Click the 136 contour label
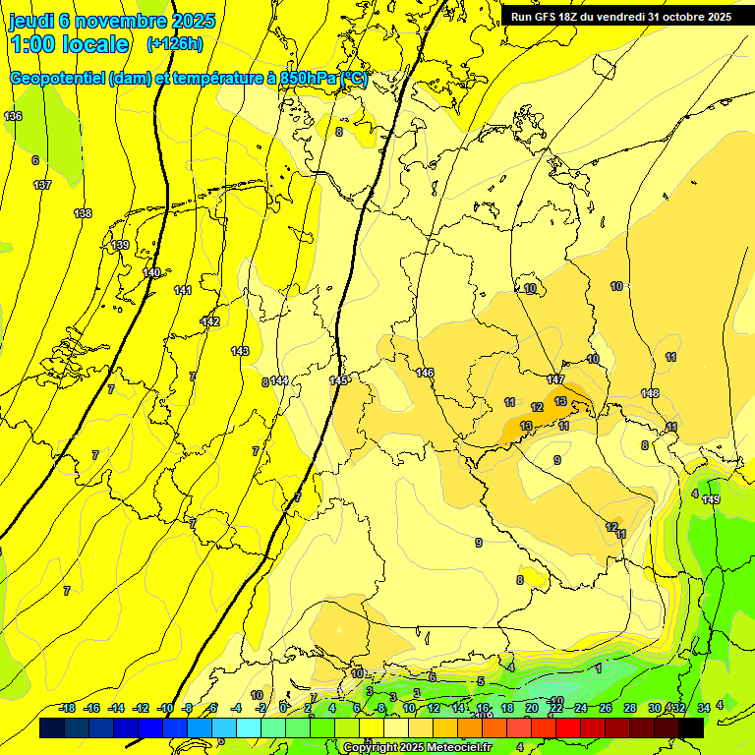tap(13, 117)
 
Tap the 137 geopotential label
tap(42, 185)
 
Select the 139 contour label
tap(120, 245)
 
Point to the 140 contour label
tap(151, 273)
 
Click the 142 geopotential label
tap(210, 321)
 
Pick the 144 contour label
tap(279, 380)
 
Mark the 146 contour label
tap(425, 373)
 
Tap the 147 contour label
tap(555, 379)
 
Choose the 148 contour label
tap(650, 393)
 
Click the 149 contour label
tap(711, 500)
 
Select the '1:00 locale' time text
tap(70, 44)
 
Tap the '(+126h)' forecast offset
tap(175, 44)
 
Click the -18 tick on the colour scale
tap(67, 709)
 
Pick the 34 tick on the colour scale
tap(704, 709)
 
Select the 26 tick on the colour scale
tap(606, 709)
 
